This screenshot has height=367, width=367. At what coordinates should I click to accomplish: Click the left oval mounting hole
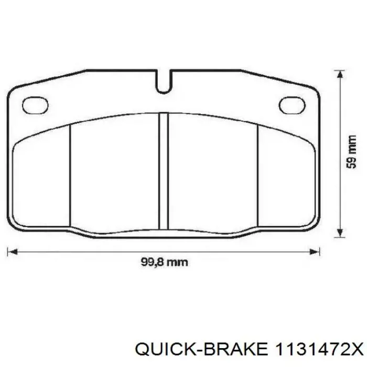click(x=35, y=105)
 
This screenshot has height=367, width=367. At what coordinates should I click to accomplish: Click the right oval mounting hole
click(x=292, y=105)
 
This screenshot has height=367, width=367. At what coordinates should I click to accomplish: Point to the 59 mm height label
click(x=352, y=153)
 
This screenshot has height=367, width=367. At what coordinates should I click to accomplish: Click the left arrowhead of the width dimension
click(x=12, y=251)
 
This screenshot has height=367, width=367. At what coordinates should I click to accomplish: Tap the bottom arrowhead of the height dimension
click(x=339, y=233)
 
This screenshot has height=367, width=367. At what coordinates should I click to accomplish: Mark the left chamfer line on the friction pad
click(x=70, y=176)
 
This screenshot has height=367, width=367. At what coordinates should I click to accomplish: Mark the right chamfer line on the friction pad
click(x=258, y=176)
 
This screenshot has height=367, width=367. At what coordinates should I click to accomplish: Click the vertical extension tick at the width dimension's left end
click(x=7, y=251)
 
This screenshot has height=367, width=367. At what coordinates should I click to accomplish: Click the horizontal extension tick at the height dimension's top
click(x=339, y=69)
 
